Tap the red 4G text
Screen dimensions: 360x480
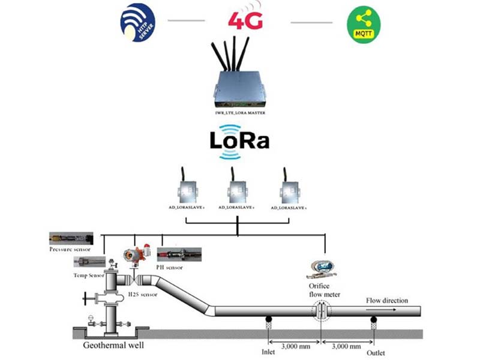(x=245, y=21)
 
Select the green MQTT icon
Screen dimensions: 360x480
(x=362, y=23)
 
